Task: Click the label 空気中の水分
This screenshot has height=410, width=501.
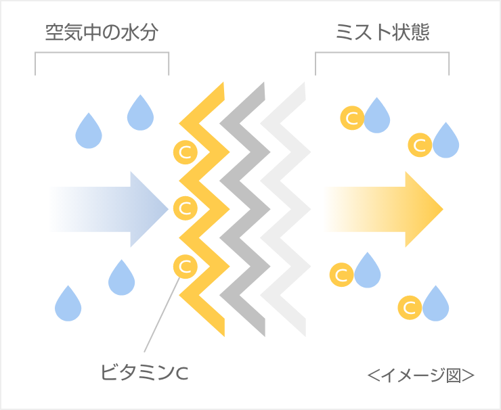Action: coord(102,32)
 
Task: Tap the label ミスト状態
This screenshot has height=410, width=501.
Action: coord(383,32)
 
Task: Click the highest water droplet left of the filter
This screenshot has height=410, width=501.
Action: coord(140,114)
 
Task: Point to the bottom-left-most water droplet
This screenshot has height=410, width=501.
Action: coord(68,304)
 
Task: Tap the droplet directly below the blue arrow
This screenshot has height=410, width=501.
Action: coord(122,277)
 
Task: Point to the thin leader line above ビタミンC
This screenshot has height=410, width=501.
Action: coord(162,318)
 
